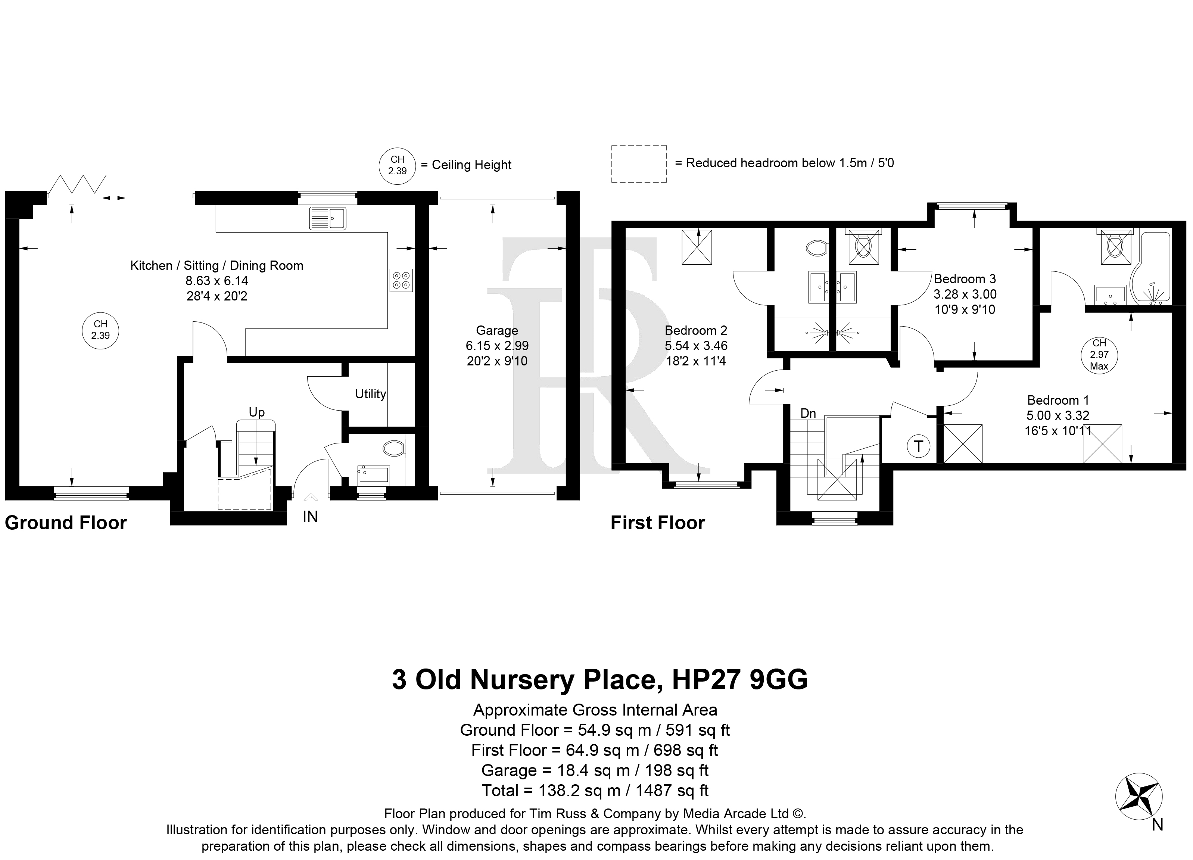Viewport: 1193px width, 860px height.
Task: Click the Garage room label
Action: point(497,330)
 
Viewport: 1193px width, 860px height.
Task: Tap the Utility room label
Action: point(370,394)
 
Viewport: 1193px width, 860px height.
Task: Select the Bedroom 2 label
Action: point(696,330)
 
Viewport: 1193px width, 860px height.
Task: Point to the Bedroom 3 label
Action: point(965,279)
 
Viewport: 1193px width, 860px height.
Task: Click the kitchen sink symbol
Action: point(328,218)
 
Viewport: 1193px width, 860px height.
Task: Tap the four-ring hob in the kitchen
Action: point(401,280)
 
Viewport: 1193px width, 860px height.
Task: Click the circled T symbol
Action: point(918,446)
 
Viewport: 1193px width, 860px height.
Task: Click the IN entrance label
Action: point(310,517)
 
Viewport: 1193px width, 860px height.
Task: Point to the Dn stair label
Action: point(808,414)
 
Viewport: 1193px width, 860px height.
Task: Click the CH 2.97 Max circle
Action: point(1099,355)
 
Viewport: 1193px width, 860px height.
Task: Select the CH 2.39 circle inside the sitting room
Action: point(100,330)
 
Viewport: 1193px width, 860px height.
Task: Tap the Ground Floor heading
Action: point(66,523)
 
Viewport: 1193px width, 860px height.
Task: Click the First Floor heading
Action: point(657,523)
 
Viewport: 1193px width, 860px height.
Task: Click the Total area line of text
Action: point(595,790)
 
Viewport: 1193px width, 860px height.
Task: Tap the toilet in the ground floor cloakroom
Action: point(394,449)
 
